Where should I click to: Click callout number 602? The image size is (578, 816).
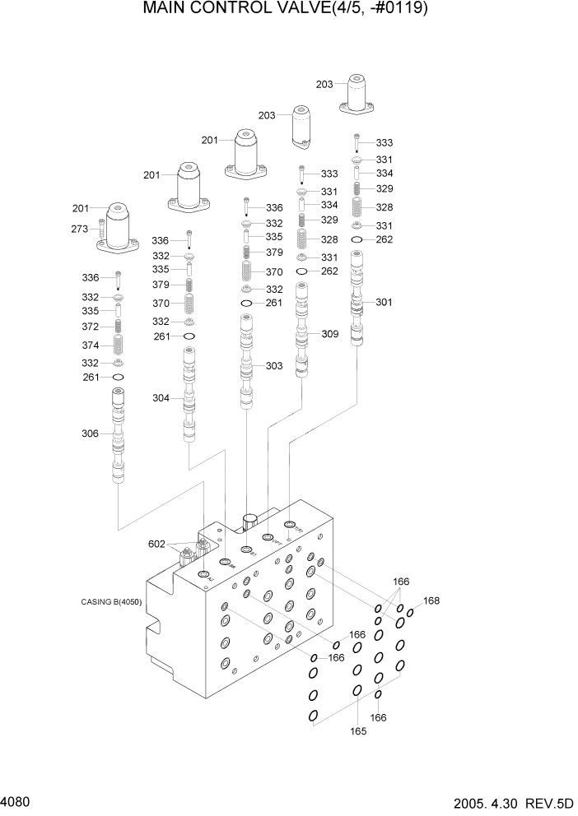pos(157,544)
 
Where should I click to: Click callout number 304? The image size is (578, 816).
pos(161,398)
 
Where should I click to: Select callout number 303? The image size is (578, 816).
pos(274,365)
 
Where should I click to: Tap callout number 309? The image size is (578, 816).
pos(329,334)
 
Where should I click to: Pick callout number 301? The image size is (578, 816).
pos(384,302)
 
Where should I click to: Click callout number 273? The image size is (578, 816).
pos(79,229)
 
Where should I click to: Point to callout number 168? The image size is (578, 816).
pos(431,600)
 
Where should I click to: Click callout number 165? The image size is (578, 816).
pos(359,730)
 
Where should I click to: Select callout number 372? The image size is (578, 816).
pos(90,327)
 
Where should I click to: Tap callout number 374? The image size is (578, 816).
pos(90,345)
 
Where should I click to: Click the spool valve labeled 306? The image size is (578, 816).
pos(119,440)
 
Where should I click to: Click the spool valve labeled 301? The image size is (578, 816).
pos(357,300)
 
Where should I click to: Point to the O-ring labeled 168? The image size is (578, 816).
pos(409,613)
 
